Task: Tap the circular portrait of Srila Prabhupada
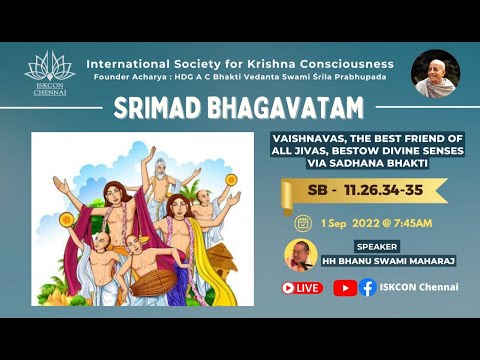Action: (435, 74)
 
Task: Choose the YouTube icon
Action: (344, 288)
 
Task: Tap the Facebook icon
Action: (367, 288)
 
